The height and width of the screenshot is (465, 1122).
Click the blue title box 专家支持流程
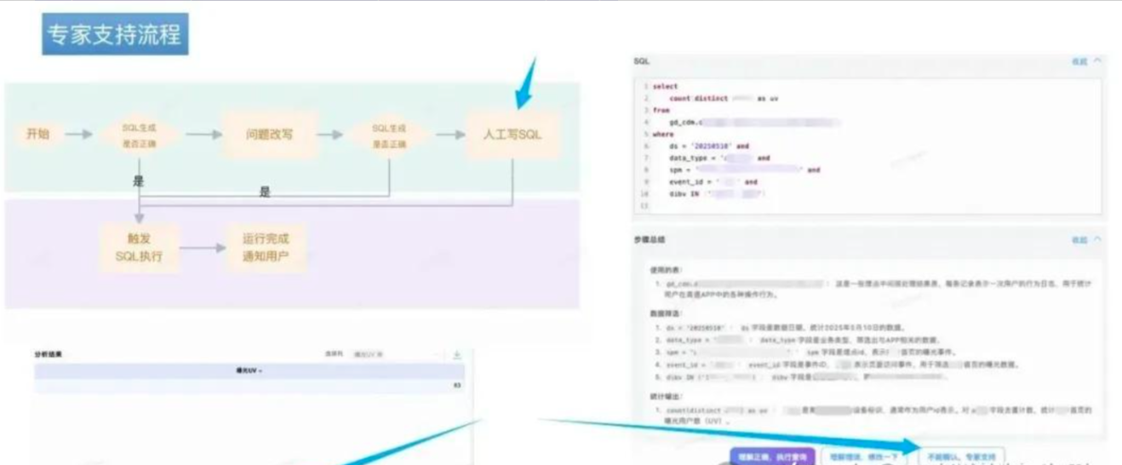[x=115, y=36]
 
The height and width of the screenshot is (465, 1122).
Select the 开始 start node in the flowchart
[x=37, y=134]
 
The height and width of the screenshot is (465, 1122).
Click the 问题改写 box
[x=269, y=135]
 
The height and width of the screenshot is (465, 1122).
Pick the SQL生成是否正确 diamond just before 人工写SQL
[x=388, y=135]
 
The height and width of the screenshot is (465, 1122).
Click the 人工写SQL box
[x=512, y=135]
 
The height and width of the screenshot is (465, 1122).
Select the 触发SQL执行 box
[x=139, y=248]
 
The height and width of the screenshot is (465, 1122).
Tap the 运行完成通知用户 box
[x=265, y=248]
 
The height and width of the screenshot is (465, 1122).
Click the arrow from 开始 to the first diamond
[x=78, y=135]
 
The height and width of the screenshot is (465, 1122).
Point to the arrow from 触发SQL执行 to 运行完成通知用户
[x=202, y=249]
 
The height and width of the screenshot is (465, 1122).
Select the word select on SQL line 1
[x=666, y=86]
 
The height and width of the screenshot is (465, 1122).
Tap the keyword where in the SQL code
[x=662, y=134]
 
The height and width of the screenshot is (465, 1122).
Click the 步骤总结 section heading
[x=650, y=240]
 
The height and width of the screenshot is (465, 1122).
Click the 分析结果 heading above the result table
[x=48, y=353]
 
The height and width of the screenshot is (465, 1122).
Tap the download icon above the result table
[x=457, y=354]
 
